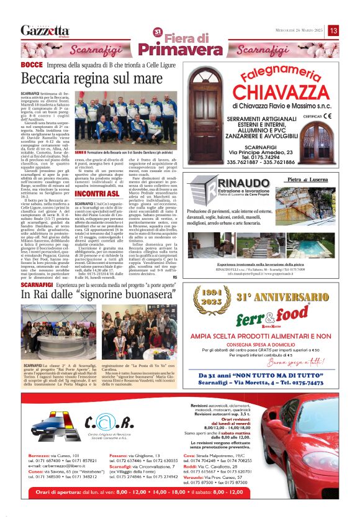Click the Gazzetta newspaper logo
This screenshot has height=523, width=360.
(x=43, y=30)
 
